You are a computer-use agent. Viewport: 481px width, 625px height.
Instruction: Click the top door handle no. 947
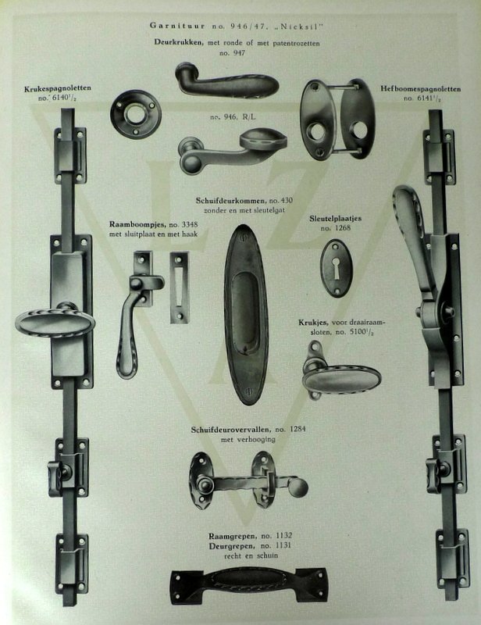(226, 81)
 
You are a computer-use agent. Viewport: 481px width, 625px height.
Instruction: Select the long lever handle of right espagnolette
(413, 234)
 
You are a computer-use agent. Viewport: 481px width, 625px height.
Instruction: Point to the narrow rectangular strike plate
(180, 287)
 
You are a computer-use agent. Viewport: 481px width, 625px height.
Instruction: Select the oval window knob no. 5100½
(341, 380)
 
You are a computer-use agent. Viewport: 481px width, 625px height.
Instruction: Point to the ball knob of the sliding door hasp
(298, 487)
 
